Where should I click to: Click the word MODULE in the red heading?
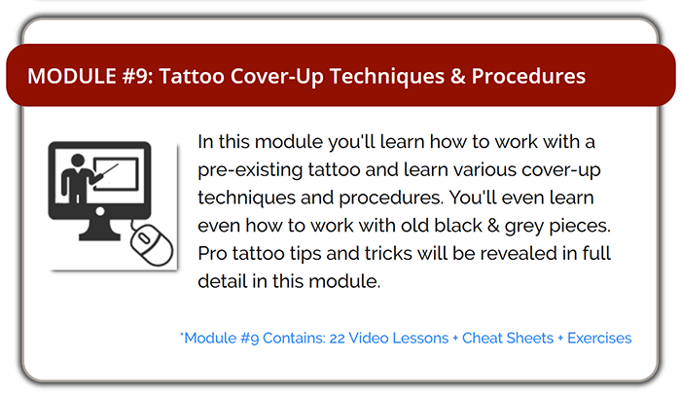[72, 76]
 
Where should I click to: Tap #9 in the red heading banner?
[136, 76]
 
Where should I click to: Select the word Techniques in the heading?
[387, 76]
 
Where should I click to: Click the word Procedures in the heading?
[528, 76]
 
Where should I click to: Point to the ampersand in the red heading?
[458, 76]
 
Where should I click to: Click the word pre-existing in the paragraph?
[250, 170]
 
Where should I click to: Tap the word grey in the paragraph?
[524, 227]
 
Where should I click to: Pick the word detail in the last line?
[223, 281]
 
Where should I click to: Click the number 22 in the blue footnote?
[337, 338]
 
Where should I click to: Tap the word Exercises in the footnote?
[599, 338]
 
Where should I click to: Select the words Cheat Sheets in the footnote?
[508, 338]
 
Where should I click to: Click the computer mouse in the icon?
[152, 244]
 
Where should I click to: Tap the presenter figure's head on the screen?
[78, 161]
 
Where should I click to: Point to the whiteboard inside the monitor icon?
[116, 174]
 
